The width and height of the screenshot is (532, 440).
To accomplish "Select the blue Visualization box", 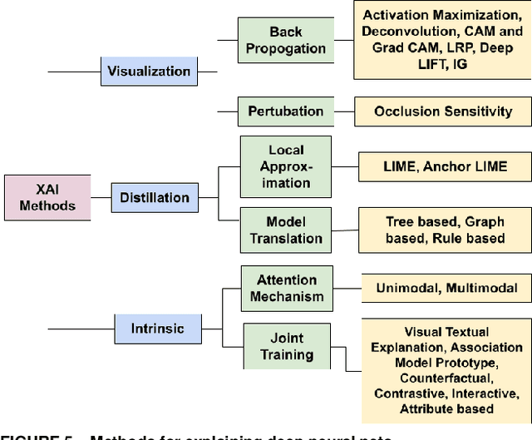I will tap(150, 72).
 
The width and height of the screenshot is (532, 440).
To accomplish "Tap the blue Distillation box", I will tap(154, 198).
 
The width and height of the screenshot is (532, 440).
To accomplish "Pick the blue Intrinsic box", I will tap(157, 328).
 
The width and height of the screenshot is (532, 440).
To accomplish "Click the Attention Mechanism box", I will tap(286, 289).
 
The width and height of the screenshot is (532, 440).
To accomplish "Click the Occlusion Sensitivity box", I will tap(443, 111).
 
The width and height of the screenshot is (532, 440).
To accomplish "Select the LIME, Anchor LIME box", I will tap(445, 166).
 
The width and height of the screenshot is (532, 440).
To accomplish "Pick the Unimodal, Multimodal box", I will tap(446, 289).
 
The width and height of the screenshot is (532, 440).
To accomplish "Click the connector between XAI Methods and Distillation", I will tap(101, 198).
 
